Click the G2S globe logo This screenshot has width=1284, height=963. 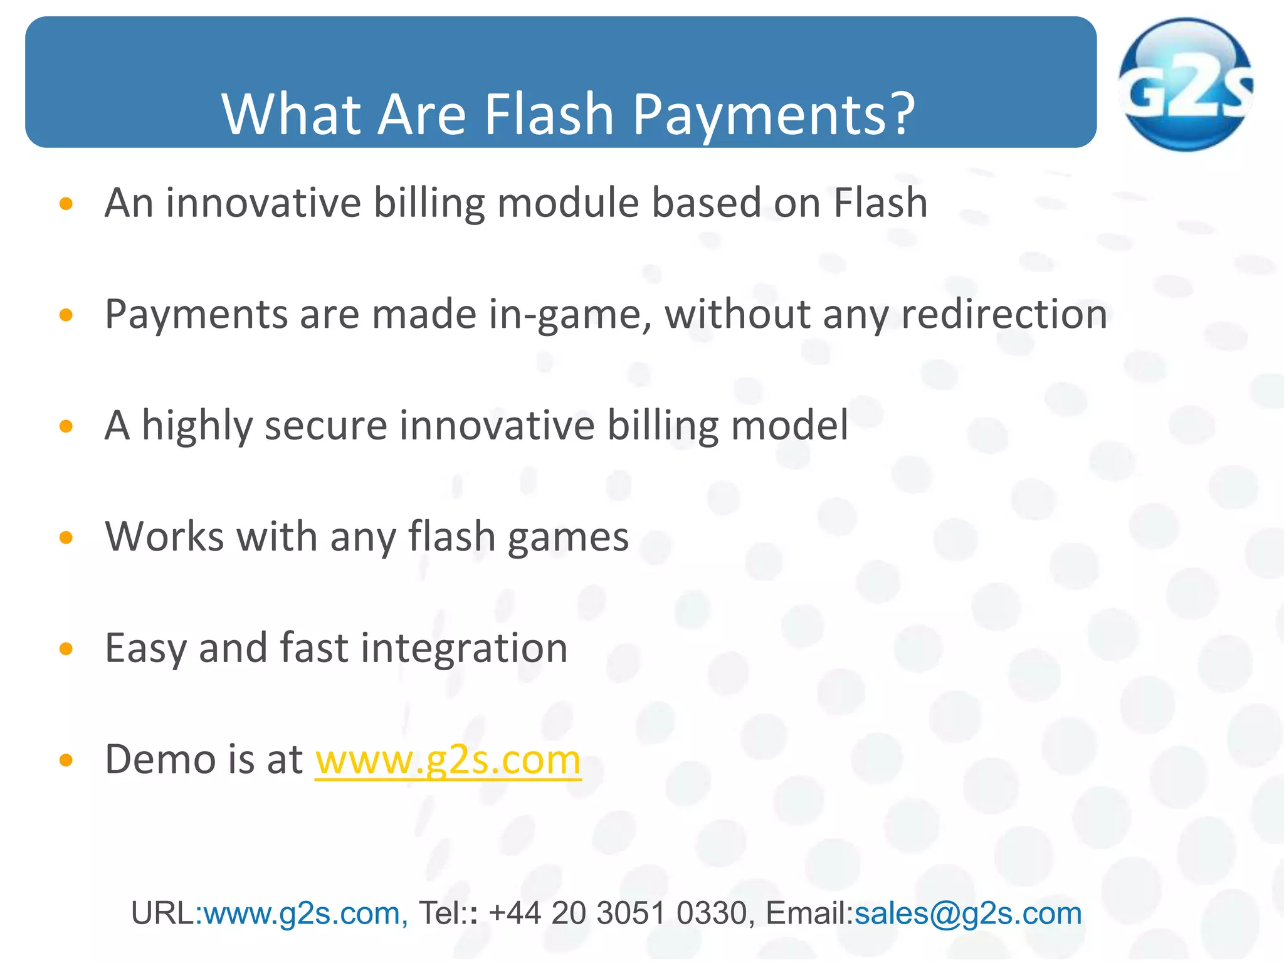(x=1184, y=85)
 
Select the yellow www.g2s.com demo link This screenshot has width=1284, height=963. (x=448, y=760)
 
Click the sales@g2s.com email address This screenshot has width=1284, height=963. (x=968, y=913)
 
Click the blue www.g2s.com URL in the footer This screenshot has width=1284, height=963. (x=302, y=913)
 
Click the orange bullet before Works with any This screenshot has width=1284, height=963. (x=66, y=537)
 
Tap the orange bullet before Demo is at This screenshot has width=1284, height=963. (x=66, y=760)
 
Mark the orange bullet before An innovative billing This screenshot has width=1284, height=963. (x=66, y=204)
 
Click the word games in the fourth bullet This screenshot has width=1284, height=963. (x=568, y=538)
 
